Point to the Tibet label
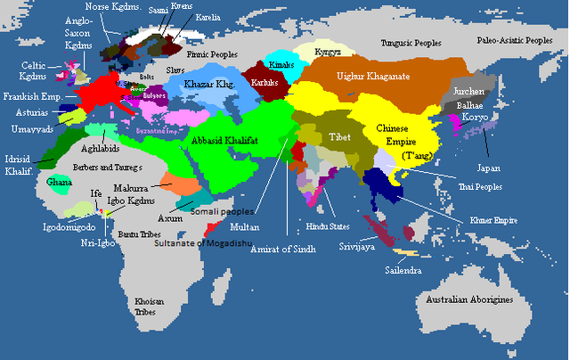tap(336, 139)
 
